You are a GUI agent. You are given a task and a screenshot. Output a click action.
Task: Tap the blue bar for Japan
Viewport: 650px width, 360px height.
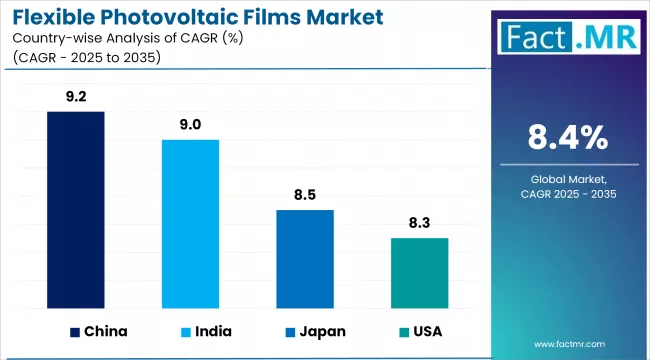pos(305,259)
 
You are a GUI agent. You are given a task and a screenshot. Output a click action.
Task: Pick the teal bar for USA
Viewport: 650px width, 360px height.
pos(419,273)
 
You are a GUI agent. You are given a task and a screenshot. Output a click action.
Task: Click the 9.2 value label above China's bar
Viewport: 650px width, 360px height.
pos(75,97)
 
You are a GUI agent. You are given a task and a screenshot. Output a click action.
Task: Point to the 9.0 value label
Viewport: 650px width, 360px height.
pos(191,125)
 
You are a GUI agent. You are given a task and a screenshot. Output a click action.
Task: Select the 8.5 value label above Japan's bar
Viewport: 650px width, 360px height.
pos(305,195)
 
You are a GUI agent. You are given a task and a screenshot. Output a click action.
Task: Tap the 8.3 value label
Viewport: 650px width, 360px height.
pos(419,223)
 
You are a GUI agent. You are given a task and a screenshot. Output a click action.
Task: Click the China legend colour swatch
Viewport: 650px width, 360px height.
pos(75,331)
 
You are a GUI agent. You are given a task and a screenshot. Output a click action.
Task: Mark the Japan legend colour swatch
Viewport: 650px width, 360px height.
pos(290,331)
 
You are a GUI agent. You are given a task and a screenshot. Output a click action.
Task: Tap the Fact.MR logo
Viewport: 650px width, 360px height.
pos(567,38)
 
